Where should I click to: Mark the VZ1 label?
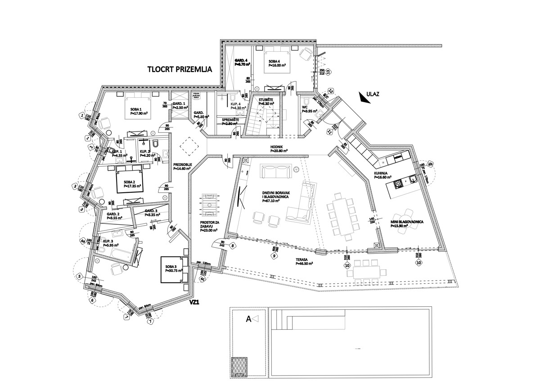click(x=194, y=303)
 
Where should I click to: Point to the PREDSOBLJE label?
click(x=183, y=165)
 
